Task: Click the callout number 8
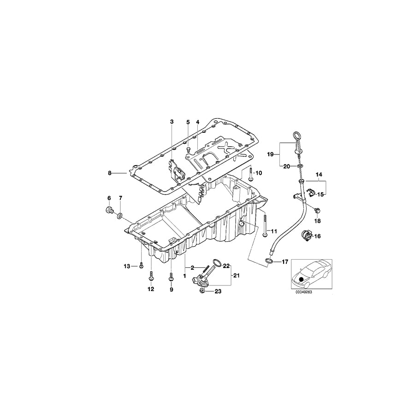(110, 173)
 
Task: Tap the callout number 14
(318, 175)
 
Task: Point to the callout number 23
(219, 291)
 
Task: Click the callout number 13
(127, 266)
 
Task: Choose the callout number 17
(285, 262)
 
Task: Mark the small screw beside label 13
(141, 266)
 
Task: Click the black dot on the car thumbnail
(302, 279)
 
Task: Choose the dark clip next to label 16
(304, 235)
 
